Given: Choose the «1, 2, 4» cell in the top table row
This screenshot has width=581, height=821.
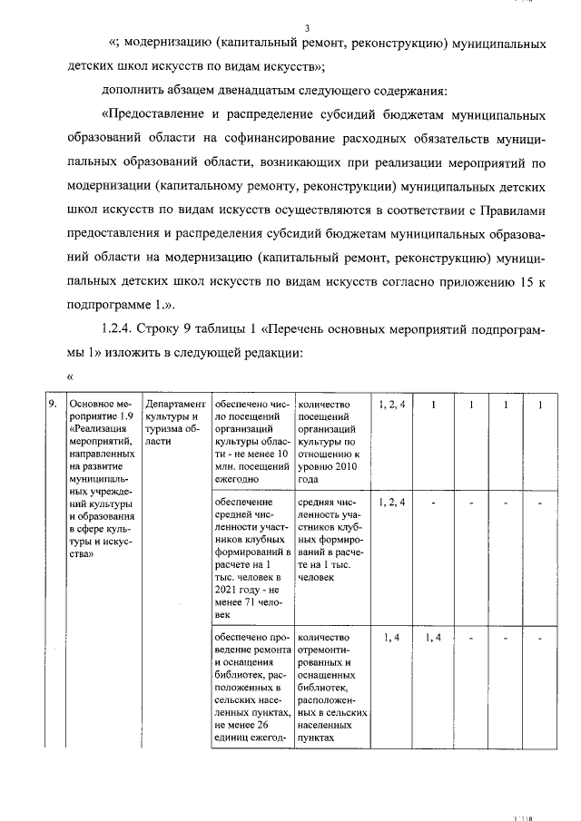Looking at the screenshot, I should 391,404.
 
